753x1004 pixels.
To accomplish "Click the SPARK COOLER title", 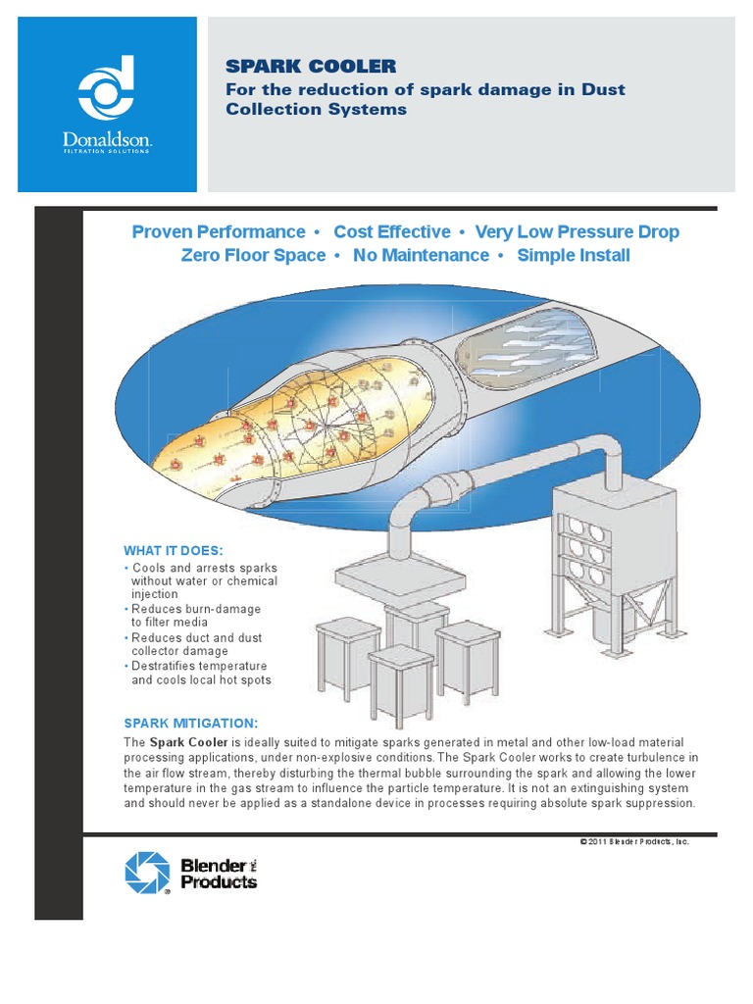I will click(311, 67).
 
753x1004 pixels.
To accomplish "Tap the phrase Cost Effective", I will click(392, 232).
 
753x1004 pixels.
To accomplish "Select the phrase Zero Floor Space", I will click(253, 256).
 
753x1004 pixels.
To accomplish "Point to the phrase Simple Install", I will click(573, 256).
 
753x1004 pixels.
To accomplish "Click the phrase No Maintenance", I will click(421, 256).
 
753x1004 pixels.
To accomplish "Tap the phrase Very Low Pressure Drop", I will click(577, 232).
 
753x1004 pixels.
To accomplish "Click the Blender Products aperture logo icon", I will click(148, 872).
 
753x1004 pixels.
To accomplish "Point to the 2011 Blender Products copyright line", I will click(633, 841).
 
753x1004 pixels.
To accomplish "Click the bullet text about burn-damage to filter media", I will click(196, 616).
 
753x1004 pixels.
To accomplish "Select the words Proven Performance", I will click(218, 232).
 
